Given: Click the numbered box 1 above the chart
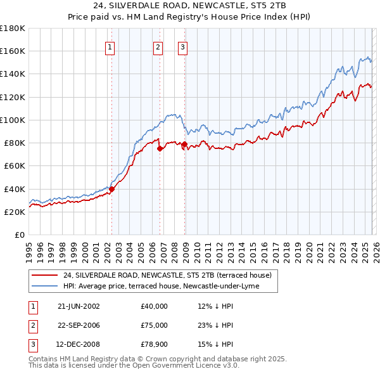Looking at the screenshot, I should pos(110,46).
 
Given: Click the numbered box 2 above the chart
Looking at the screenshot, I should pos(157,46).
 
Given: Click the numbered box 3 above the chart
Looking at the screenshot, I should pos(182,46).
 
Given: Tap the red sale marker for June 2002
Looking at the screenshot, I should pos(112,188).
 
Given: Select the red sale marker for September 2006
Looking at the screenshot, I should pos(160,148).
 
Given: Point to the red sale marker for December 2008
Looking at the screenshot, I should pos(185,144).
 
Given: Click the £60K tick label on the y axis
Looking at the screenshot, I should pos(13,165).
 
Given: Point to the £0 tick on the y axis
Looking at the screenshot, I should pos(19,235).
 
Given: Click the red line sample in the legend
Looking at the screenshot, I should pos(45,275).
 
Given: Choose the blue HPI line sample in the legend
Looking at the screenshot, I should pos(45,286).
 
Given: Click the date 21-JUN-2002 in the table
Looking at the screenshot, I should pos(79,306).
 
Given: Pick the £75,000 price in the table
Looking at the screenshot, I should pos(154,325).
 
